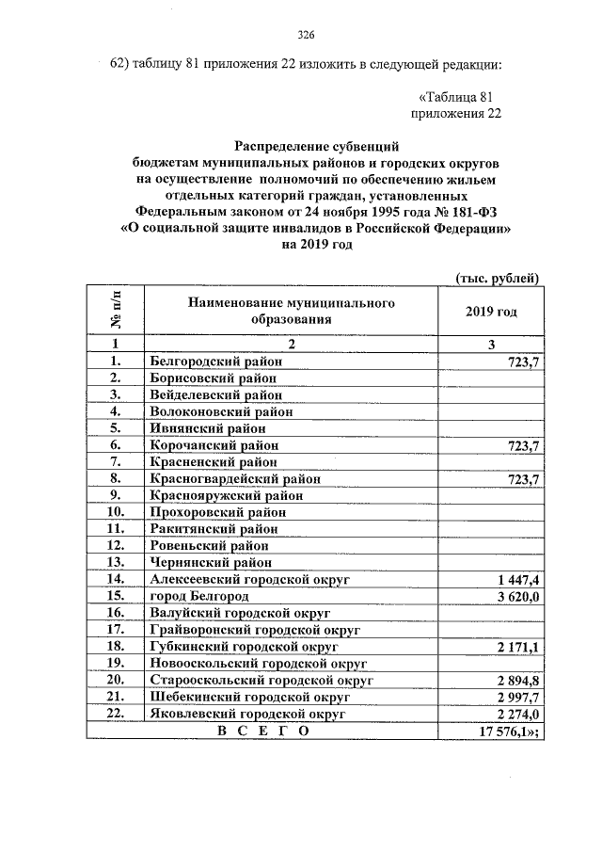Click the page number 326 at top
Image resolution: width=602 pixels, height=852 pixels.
click(305, 36)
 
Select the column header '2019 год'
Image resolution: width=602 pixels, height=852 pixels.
click(491, 312)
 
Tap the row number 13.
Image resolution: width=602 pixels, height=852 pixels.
click(116, 563)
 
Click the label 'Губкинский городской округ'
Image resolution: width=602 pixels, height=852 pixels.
click(244, 648)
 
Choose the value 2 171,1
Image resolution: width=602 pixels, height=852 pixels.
click(515, 648)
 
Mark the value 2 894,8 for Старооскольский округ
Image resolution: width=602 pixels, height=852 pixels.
click(515, 681)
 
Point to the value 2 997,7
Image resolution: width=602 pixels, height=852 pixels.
click(515, 698)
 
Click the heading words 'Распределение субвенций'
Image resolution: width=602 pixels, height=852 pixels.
click(317, 146)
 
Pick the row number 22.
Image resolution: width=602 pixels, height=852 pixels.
click(116, 715)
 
